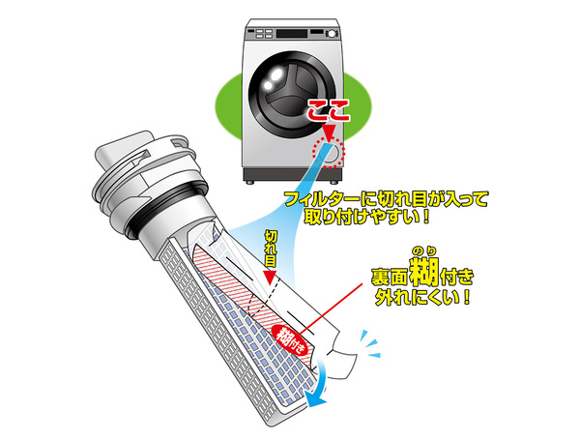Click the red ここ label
click(329, 110)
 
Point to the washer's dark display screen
click(292, 34)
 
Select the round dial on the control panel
click(332, 34)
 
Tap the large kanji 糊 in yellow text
click(425, 273)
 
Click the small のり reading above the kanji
click(424, 251)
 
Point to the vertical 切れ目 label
click(271, 249)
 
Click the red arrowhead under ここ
click(329, 132)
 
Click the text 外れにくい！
click(422, 297)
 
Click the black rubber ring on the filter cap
click(167, 207)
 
